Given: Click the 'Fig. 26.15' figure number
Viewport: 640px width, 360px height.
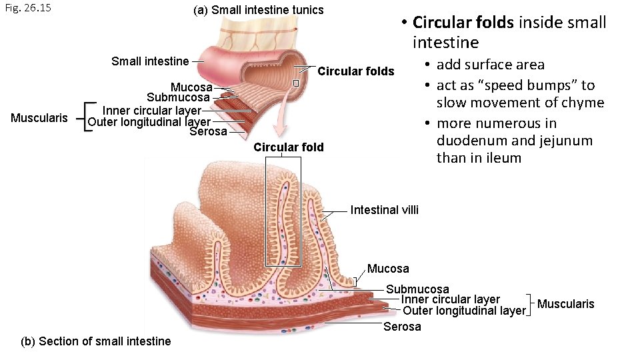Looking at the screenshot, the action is tap(27, 9).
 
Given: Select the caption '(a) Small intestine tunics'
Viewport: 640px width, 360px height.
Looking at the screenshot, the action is tap(258, 10).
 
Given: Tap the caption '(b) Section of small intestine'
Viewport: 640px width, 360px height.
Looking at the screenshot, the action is tap(96, 341).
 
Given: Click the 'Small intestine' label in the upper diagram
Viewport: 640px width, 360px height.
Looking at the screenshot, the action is tap(150, 61).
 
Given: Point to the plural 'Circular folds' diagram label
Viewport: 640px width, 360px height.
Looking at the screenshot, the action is tap(356, 71).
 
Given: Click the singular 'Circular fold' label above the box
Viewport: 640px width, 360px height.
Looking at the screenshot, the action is tap(289, 147).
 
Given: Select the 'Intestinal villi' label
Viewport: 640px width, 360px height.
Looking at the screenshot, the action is tap(385, 210).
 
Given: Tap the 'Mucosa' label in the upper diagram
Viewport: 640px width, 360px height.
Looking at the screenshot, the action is tap(191, 87).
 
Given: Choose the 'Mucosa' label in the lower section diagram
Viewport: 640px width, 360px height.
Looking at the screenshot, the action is tap(389, 269).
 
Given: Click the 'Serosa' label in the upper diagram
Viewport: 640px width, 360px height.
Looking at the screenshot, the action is tap(208, 131).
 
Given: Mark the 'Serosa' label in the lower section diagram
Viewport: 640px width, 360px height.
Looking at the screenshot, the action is tap(402, 327).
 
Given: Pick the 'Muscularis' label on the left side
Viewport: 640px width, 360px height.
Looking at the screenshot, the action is tap(39, 118).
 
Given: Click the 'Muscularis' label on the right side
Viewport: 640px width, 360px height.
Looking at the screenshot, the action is tap(565, 304).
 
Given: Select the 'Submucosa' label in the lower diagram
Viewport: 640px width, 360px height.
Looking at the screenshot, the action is tap(418, 289).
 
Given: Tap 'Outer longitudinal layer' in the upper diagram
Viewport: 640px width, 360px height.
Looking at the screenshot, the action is tap(149, 121).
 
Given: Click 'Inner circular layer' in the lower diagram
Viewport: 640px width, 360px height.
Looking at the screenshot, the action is tap(450, 299).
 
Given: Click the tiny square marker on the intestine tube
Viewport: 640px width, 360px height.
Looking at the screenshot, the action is tap(296, 83).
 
